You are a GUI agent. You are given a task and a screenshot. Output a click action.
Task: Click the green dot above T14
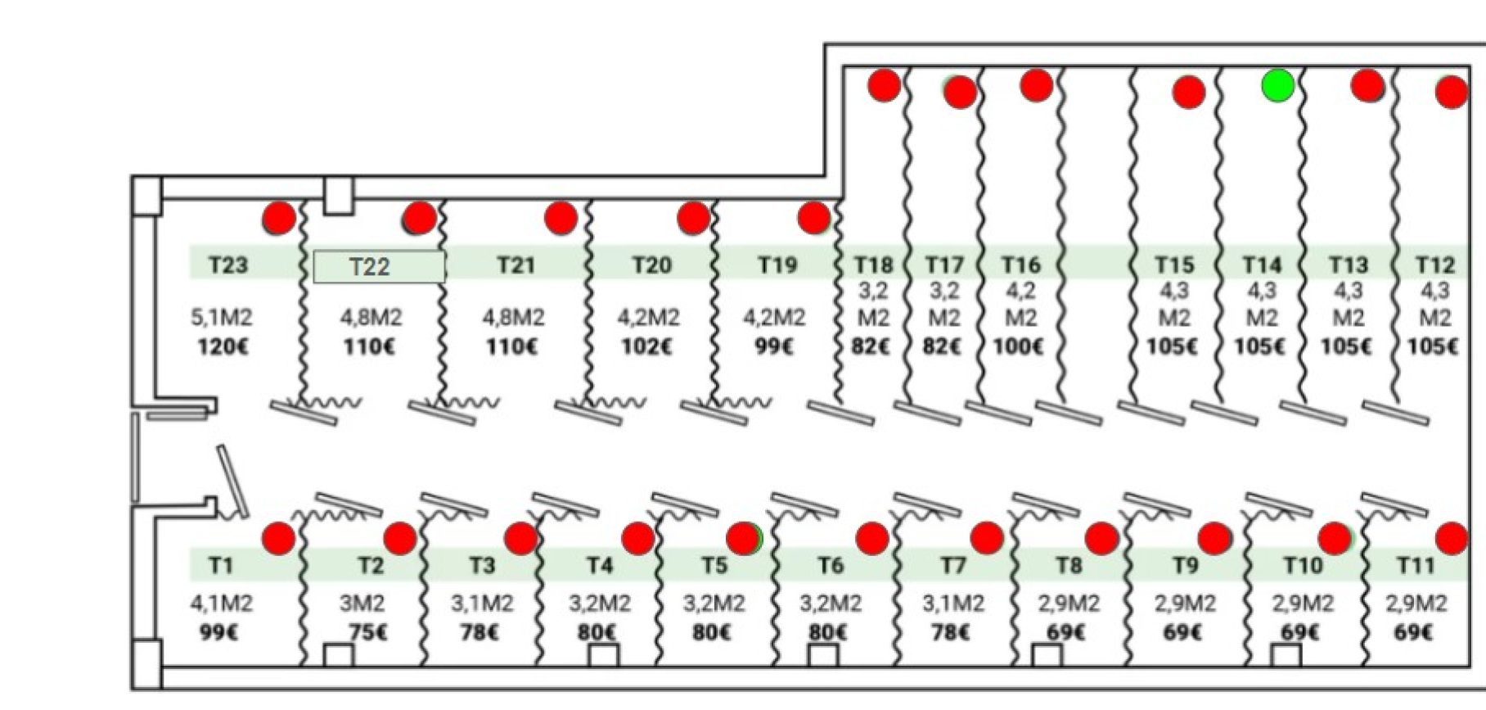tap(1277, 85)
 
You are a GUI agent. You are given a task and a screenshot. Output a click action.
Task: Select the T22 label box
tap(379, 266)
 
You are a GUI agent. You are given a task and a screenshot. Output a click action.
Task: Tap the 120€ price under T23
tap(223, 346)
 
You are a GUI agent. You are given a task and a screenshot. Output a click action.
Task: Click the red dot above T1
tap(278, 539)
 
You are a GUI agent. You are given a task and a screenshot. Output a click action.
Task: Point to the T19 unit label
tap(777, 265)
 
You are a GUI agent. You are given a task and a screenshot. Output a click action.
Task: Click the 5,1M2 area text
tap(221, 317)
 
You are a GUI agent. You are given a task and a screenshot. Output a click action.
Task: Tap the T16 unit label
tap(1020, 265)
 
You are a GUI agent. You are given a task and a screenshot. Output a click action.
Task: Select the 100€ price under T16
tap(1018, 346)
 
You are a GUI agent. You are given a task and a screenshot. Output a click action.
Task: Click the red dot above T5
tap(743, 538)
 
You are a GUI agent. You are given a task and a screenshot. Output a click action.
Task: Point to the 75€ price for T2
tap(368, 633)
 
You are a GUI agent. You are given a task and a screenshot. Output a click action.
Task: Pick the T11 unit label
tap(1415, 566)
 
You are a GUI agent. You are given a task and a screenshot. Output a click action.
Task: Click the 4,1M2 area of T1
tap(221, 604)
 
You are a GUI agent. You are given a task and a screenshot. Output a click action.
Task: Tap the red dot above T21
tap(561, 218)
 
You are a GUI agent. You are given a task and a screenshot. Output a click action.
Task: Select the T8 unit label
tap(1069, 566)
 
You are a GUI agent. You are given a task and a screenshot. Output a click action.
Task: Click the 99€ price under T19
tap(774, 346)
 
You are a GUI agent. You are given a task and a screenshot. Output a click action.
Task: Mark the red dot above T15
tap(1189, 93)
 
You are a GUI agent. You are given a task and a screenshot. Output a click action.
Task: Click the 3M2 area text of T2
tap(362, 604)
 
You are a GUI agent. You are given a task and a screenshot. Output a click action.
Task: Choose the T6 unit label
tap(830, 566)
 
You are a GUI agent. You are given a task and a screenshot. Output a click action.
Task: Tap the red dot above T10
tap(1335, 538)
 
